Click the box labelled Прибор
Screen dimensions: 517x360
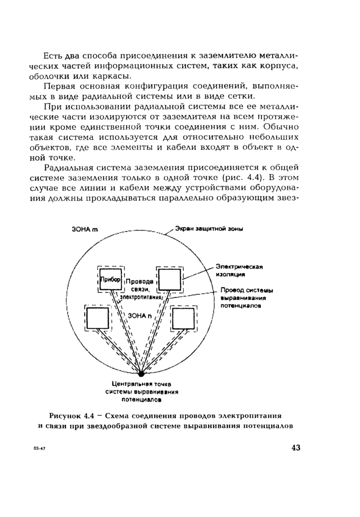coord(110,279)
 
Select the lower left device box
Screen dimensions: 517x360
coord(97,319)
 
